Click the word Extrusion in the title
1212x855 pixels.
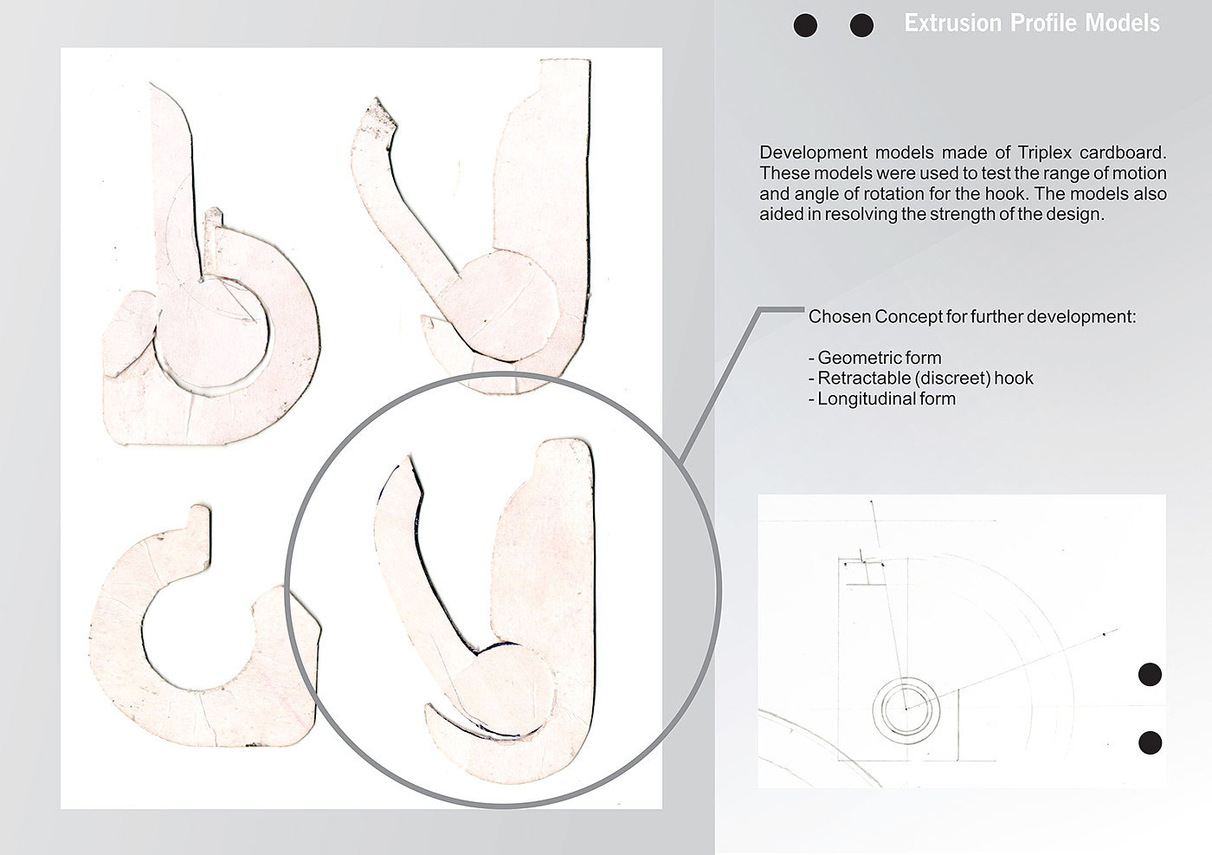pos(952,23)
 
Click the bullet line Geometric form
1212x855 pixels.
pos(875,358)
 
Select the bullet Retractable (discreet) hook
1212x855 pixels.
pos(921,378)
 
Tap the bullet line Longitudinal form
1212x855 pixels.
pos(882,399)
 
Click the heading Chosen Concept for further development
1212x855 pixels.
pos(972,317)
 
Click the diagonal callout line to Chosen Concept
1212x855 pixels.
pos(719,388)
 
